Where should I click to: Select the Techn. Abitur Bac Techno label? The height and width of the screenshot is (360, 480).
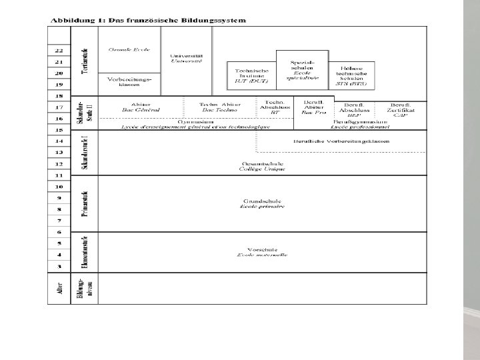(219, 107)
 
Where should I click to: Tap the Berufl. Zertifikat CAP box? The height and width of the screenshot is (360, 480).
(400, 109)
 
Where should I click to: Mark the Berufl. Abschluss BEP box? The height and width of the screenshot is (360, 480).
(353, 109)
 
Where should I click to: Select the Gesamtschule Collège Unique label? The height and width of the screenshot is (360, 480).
(262, 165)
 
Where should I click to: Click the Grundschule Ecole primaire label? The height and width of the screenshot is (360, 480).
(262, 203)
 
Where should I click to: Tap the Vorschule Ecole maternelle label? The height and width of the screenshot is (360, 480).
(262, 251)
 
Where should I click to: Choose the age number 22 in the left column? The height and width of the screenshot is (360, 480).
(59, 51)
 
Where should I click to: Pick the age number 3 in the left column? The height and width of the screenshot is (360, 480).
(59, 266)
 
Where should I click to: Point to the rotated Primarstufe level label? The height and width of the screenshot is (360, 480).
(85, 203)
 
